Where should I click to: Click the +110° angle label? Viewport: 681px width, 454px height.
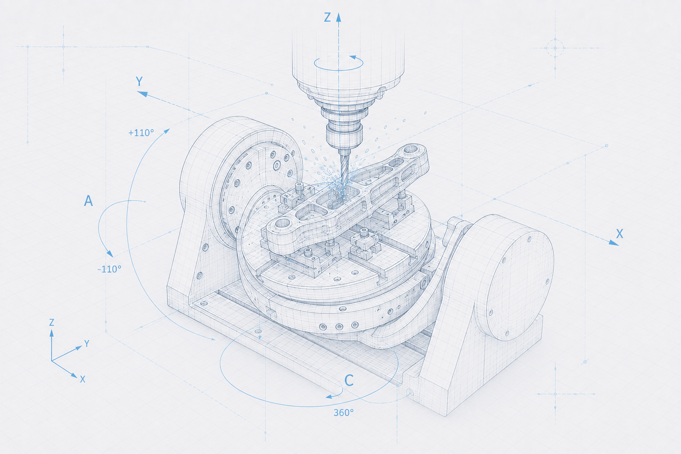pos(141,133)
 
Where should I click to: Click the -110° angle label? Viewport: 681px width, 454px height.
pos(110,269)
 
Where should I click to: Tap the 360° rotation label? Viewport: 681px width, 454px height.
pos(344,413)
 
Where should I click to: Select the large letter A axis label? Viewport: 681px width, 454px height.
pos(88,201)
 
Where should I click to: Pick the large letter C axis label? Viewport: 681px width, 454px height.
pos(349,380)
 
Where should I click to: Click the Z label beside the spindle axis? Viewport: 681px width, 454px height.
pos(327,17)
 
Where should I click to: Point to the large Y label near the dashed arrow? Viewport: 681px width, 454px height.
pos(139,82)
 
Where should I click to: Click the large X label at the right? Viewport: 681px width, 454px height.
pos(619,234)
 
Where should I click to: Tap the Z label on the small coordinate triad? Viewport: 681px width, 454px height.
pos(52,322)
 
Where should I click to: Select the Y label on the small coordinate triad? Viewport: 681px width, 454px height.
pos(86,344)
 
